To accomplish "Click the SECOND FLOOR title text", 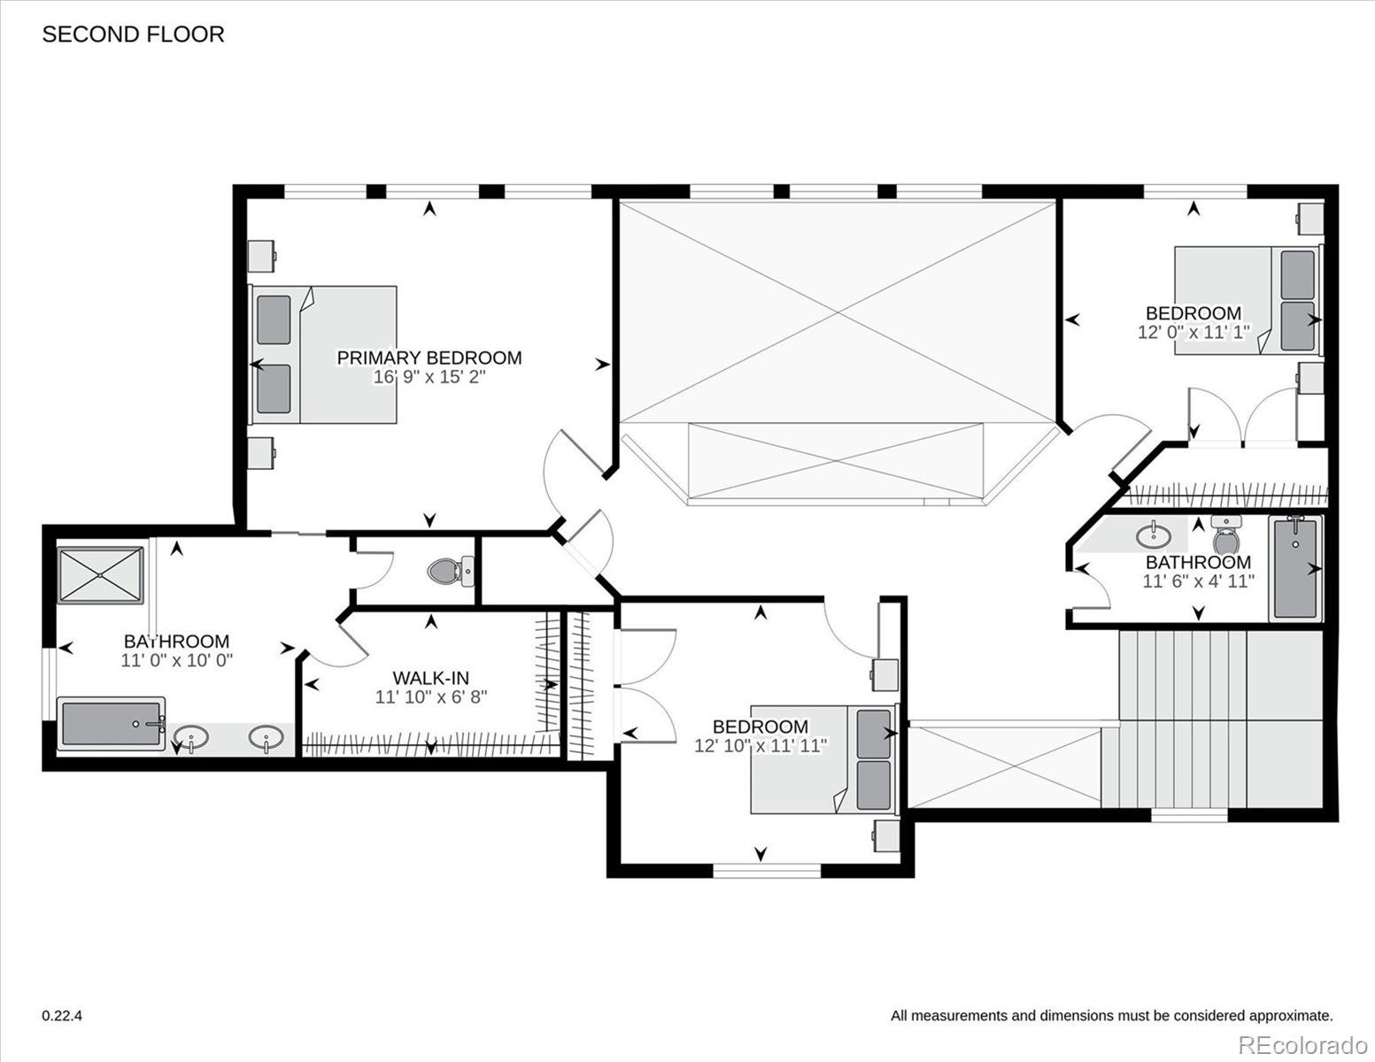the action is pyautogui.click(x=133, y=35).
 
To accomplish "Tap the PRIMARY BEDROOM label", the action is pyautogui.click(x=429, y=358).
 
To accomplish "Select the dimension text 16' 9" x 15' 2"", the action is pyautogui.click(x=429, y=377).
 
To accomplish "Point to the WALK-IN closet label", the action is pyautogui.click(x=431, y=678).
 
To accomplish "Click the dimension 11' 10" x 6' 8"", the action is pyautogui.click(x=431, y=697).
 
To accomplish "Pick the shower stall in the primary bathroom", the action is pyautogui.click(x=101, y=575).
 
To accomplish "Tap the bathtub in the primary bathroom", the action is pyautogui.click(x=112, y=724).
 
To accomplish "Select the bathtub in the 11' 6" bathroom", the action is pyautogui.click(x=1295, y=569).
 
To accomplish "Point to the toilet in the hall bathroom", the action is pyautogui.click(x=1225, y=535).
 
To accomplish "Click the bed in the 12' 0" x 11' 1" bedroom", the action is pyautogui.click(x=1248, y=300).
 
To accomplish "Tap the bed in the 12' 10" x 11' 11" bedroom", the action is pyautogui.click(x=824, y=759).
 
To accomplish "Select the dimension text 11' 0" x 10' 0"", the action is pyautogui.click(x=177, y=660).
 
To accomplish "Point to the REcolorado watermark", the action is pyautogui.click(x=1303, y=1044).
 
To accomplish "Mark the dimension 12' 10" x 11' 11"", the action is pyautogui.click(x=761, y=746).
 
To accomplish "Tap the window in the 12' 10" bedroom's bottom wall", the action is pyautogui.click(x=767, y=871).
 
